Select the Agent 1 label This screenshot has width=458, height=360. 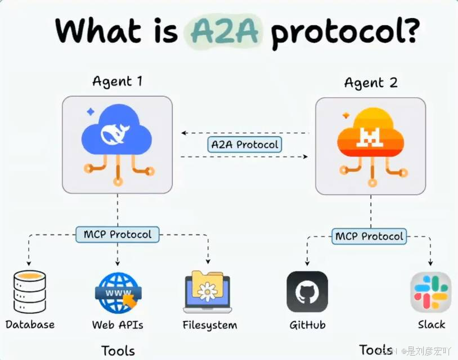(117, 81)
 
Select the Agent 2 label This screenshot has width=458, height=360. (371, 83)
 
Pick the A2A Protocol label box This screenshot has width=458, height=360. (245, 145)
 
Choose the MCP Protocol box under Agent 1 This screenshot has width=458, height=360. (117, 233)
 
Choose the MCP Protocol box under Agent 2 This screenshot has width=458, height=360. (369, 236)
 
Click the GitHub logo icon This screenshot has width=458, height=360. (307, 292)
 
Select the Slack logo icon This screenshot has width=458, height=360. (431, 292)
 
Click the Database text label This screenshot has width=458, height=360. (30, 325)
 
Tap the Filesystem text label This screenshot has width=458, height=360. (210, 325)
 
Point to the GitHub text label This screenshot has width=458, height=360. (307, 325)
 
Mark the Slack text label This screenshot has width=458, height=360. (432, 325)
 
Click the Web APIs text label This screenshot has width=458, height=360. (118, 325)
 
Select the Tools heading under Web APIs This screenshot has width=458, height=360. (118, 350)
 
